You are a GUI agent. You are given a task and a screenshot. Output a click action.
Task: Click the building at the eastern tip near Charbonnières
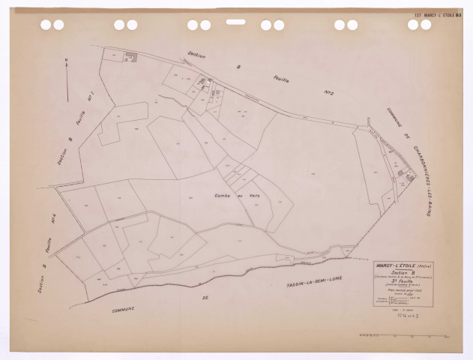[410, 175]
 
